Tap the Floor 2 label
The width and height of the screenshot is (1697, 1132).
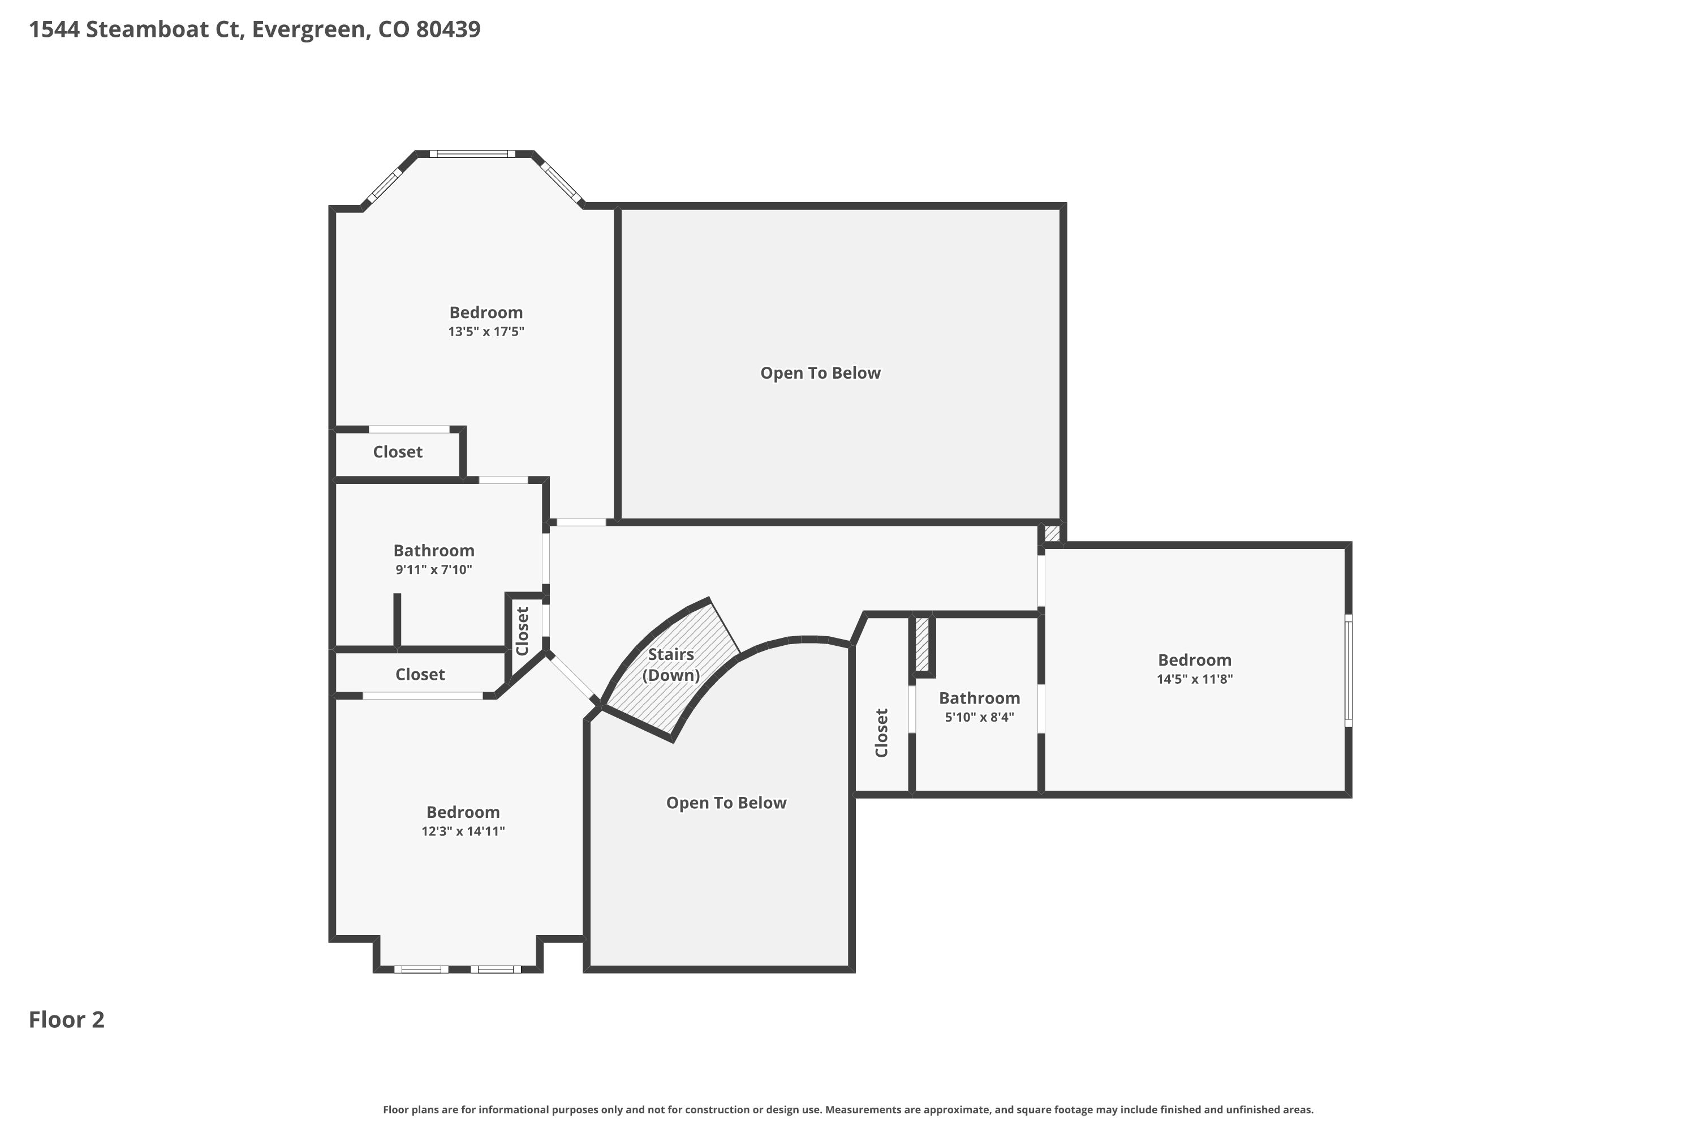click(x=66, y=1019)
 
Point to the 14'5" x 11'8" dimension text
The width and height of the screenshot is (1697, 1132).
click(x=1194, y=679)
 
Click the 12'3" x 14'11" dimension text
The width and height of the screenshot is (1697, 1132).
click(x=463, y=831)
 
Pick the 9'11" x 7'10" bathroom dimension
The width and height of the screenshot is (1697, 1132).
click(x=434, y=569)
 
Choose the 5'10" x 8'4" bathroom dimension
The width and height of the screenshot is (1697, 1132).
click(x=979, y=717)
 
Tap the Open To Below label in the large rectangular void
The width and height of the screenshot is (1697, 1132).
click(x=820, y=373)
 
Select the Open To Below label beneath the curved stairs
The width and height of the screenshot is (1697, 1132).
click(x=726, y=803)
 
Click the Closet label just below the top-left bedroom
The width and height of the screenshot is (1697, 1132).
click(x=398, y=452)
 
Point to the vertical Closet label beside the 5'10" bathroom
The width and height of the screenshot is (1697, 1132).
click(x=881, y=733)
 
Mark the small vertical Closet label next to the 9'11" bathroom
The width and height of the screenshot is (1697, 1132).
click(x=522, y=631)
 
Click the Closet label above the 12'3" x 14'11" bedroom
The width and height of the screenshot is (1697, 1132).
click(x=420, y=674)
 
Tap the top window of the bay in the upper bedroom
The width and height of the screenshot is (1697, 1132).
click(x=472, y=154)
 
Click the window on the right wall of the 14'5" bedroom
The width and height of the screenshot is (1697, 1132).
click(x=1348, y=670)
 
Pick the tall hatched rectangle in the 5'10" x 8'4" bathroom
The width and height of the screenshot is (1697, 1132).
click(x=921, y=643)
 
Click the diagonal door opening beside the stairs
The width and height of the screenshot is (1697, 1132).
click(x=574, y=677)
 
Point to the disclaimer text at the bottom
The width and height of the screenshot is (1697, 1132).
click(x=848, y=1109)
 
